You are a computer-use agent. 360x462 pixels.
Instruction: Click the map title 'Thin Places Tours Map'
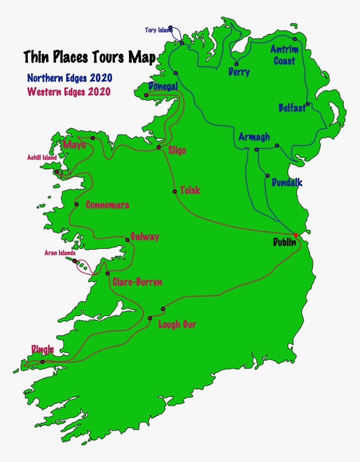89,57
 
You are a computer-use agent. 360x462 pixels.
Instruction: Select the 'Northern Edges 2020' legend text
69,78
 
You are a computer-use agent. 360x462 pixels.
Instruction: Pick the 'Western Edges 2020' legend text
69,92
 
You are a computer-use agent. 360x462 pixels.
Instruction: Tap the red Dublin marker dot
296,235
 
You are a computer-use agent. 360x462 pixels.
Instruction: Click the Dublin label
284,242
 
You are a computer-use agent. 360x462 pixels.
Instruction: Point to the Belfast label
292,108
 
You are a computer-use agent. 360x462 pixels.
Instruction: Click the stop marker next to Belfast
308,104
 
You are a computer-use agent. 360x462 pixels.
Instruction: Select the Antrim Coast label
285,55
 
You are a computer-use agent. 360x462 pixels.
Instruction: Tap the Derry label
239,72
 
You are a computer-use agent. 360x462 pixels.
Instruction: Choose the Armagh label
254,137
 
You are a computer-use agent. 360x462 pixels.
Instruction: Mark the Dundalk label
287,183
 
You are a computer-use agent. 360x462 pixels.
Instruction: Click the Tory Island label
158,30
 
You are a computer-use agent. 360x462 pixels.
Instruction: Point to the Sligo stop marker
159,147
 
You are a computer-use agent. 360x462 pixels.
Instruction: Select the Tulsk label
190,191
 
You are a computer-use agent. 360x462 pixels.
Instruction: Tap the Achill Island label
42,158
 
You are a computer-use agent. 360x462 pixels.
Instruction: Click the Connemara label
107,205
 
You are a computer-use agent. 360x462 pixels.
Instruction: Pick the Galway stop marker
128,240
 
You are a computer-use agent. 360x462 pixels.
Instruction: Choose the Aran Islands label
60,253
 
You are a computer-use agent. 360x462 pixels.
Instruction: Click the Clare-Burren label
137,282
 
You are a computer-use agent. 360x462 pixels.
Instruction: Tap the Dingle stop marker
42,362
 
